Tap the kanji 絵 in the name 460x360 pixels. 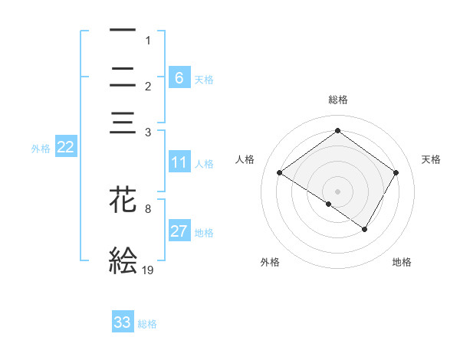(x=123, y=260)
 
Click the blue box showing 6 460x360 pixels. (x=179, y=77)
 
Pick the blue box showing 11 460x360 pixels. (x=179, y=162)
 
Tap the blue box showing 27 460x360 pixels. (x=179, y=231)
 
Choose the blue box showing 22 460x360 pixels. (x=65, y=148)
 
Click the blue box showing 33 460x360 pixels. (x=123, y=322)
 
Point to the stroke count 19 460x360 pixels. (x=149, y=270)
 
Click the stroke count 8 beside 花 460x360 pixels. (x=149, y=208)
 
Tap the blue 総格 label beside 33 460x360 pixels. (x=147, y=324)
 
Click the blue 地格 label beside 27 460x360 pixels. (x=204, y=232)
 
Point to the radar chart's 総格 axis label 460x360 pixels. (x=337, y=100)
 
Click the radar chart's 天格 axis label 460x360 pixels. (x=431, y=159)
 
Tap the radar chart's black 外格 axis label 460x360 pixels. (x=270, y=262)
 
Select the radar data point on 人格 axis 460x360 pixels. (x=280, y=173)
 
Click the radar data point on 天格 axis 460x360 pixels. (x=396, y=172)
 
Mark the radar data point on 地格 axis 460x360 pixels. (x=365, y=229)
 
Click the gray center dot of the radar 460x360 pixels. (x=337, y=191)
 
